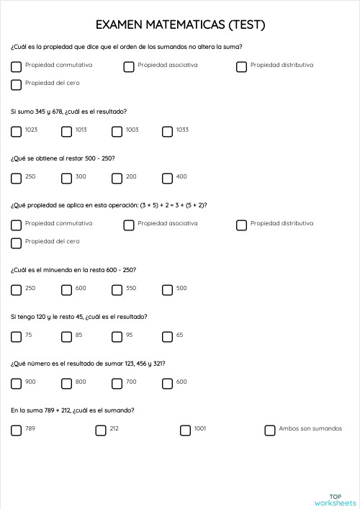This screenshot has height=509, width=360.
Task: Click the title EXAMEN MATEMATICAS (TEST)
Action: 180,25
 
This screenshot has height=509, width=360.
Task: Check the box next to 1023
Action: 17,131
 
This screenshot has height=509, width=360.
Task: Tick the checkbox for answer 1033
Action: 168,131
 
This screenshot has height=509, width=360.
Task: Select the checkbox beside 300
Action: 67,178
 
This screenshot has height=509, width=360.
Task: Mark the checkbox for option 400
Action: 168,178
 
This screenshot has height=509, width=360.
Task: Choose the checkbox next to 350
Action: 117,289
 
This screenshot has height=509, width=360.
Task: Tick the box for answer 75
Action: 17,336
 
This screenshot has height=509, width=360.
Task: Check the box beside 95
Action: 117,336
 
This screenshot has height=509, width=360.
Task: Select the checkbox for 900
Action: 17,383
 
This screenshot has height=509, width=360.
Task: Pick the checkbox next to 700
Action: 117,383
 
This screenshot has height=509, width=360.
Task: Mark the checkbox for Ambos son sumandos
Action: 270,430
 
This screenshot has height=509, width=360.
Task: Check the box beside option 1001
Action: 185,430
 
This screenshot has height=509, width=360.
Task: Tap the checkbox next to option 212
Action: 101,430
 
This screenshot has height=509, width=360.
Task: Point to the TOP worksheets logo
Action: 335,499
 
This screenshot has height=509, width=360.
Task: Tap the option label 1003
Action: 132,130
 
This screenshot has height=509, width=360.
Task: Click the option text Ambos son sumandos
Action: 311,428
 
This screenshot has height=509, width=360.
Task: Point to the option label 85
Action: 79,335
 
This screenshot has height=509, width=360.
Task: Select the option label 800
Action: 81,382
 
